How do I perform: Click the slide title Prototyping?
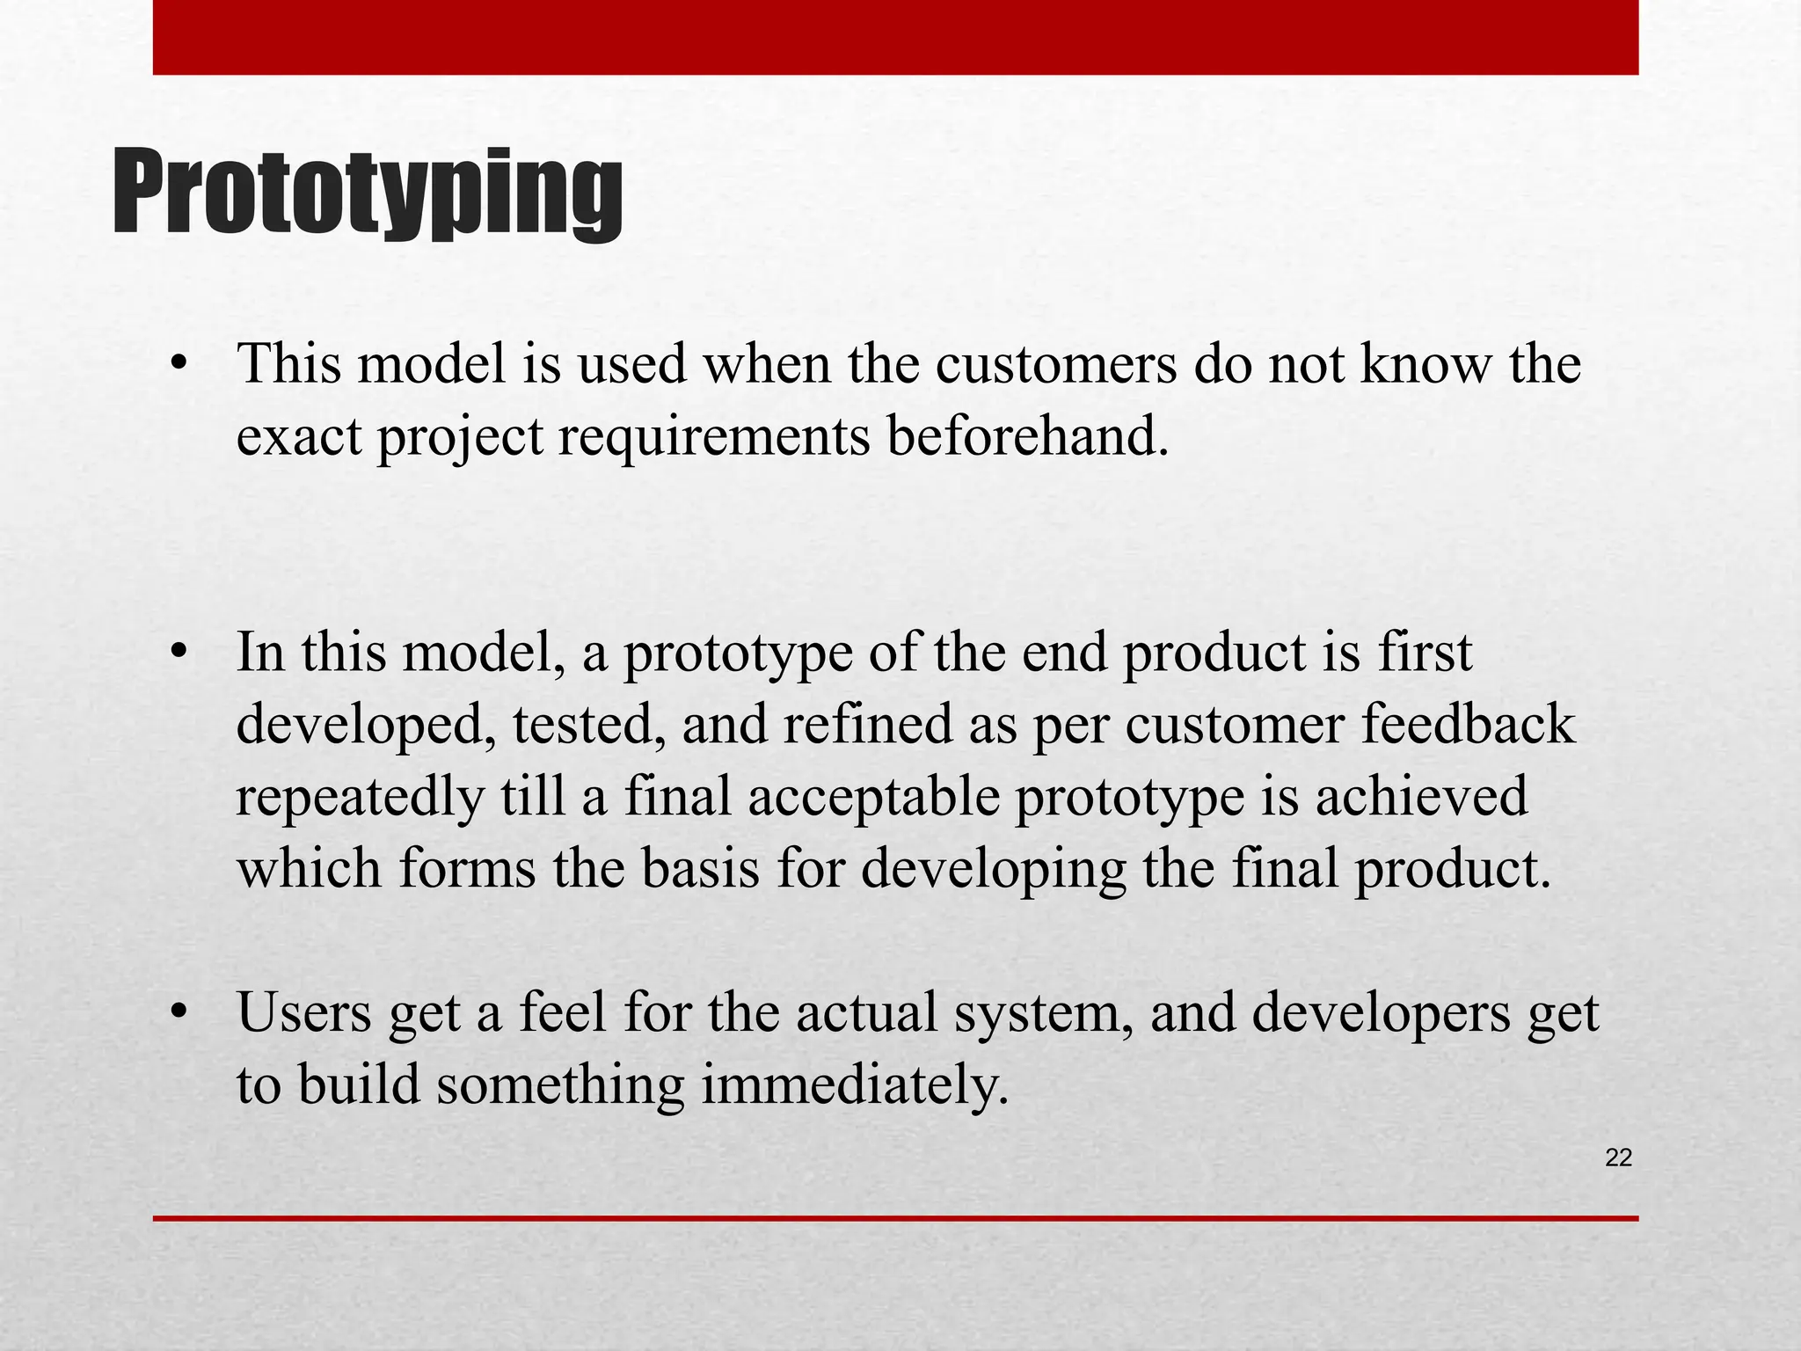[x=368, y=194]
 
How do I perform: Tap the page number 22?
[x=1618, y=1158]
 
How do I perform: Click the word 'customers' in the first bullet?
[x=1055, y=363]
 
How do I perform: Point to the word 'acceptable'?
[x=874, y=796]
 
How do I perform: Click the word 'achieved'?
[x=1421, y=796]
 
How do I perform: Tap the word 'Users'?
[x=304, y=1012]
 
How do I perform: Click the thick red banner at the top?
[x=895, y=37]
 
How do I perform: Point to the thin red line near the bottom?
[x=895, y=1218]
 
